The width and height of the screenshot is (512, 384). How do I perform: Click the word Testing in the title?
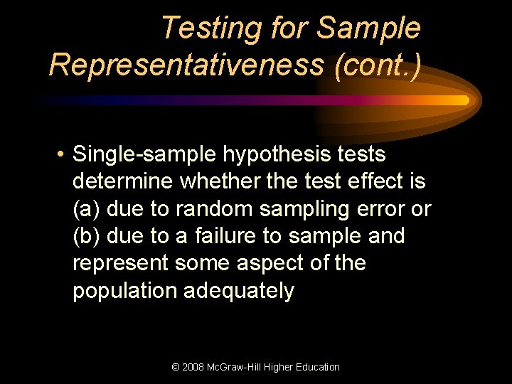212,28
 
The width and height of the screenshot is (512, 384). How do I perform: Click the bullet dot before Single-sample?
63,154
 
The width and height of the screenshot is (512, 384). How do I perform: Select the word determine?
122,181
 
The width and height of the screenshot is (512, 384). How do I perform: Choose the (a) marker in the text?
86,209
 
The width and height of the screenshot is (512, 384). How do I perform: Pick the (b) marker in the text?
86,236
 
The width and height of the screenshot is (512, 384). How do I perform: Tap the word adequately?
239,292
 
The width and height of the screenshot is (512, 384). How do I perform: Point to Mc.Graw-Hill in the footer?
240,367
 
